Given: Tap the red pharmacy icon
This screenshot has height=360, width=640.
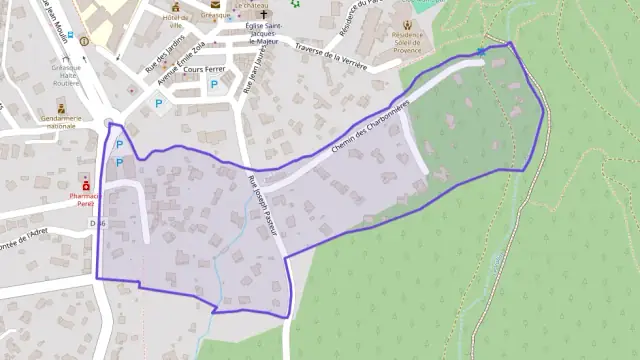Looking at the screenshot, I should (87, 186).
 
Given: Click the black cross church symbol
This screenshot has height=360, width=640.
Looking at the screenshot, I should (265, 16).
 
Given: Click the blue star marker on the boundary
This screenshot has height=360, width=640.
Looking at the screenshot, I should (483, 51).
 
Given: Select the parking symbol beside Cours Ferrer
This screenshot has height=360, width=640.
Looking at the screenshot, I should (213, 86).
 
